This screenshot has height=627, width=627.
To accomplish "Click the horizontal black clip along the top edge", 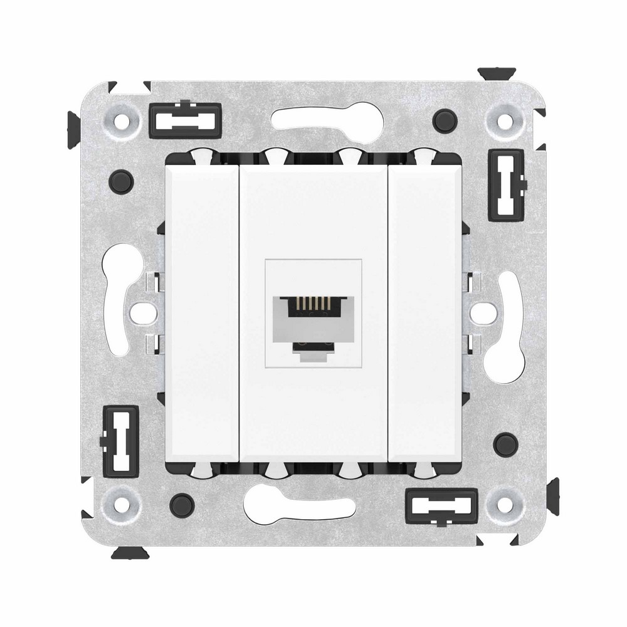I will [185, 120].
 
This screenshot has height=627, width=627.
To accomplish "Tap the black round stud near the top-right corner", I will [445, 117].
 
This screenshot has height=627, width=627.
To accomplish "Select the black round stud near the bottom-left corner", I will [182, 502].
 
